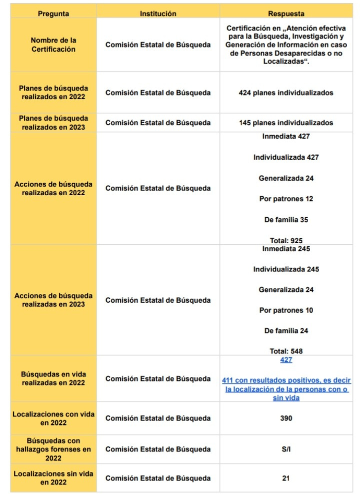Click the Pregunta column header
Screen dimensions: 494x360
point(53,14)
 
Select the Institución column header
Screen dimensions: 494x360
point(158,14)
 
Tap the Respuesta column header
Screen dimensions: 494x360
point(286,14)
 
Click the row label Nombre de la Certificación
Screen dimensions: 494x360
point(53,45)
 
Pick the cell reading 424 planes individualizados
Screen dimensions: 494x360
point(286,93)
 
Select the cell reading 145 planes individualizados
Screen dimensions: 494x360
point(286,123)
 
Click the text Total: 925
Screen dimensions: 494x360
point(286,240)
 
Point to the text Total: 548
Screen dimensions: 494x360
point(286,351)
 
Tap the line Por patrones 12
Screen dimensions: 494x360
point(286,199)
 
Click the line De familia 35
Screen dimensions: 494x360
point(286,220)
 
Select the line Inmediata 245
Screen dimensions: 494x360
point(286,249)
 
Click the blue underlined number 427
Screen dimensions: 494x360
point(286,360)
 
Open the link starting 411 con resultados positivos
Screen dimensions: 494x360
point(286,389)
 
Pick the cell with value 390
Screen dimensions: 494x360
point(286,418)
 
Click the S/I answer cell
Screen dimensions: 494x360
point(286,449)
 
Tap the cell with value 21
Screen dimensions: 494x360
point(286,478)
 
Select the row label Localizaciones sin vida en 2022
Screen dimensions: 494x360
point(53,478)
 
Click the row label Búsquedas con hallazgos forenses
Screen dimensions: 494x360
point(53,449)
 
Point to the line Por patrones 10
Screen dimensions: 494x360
point(286,310)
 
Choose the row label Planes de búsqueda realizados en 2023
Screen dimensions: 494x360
point(53,123)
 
